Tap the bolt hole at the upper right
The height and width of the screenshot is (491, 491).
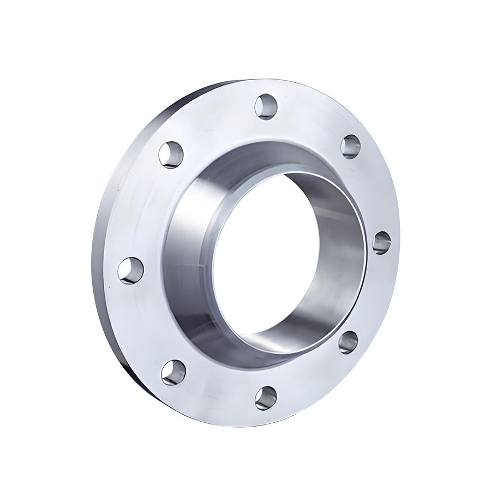tap(351, 146)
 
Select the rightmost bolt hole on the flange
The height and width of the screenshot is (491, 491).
tap(381, 242)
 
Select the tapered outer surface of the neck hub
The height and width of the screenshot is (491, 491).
tap(188, 245)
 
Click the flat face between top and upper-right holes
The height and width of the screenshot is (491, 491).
tap(311, 117)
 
